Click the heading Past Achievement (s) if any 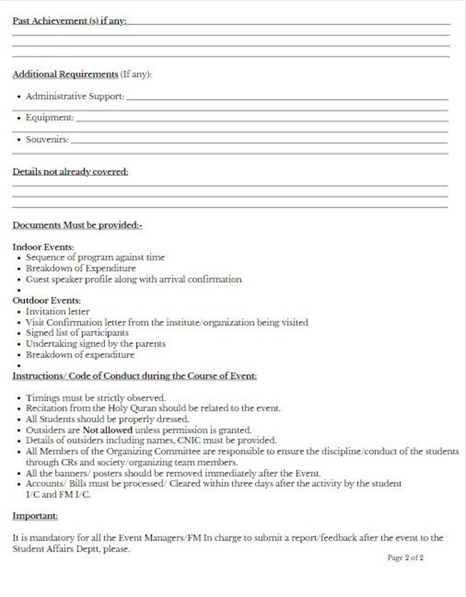click(69, 21)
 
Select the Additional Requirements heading click(65, 74)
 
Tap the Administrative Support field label click(75, 96)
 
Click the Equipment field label click(50, 118)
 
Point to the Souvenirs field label click(47, 140)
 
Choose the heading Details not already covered click(70, 172)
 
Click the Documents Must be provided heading click(77, 225)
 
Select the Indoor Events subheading click(43, 247)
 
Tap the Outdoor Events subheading click(46, 301)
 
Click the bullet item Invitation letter click(58, 312)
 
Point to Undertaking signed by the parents click(95, 344)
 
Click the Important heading click(35, 516)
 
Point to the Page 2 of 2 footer click(406, 558)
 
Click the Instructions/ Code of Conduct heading click(134, 376)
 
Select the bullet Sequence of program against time click(95, 257)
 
